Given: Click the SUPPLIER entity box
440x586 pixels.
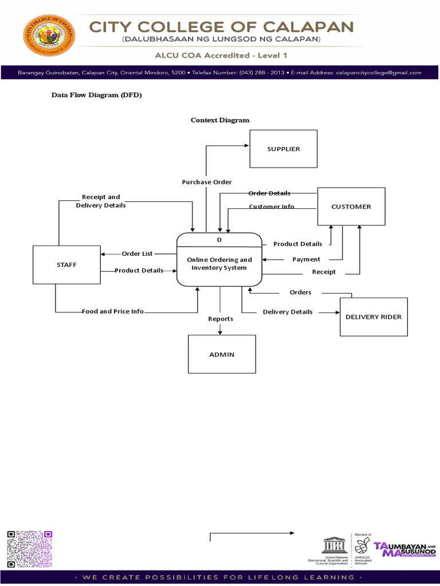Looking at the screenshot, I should pyautogui.click(x=283, y=149).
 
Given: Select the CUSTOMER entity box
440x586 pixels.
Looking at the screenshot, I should pyautogui.click(x=351, y=207).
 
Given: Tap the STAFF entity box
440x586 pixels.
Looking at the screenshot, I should pyautogui.click(x=66, y=264).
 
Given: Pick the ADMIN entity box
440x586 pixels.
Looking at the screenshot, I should pyautogui.click(x=222, y=354).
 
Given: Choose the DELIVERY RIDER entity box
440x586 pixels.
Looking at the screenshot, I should pyautogui.click(x=374, y=316).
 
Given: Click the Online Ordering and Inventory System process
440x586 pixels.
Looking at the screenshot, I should pyautogui.click(x=219, y=264).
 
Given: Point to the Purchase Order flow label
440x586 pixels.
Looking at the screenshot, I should pyautogui.click(x=207, y=182).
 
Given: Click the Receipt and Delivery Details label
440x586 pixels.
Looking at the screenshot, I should pyautogui.click(x=101, y=201).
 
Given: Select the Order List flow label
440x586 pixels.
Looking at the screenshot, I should pyautogui.click(x=137, y=254).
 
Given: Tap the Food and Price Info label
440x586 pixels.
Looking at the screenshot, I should pyautogui.click(x=113, y=311).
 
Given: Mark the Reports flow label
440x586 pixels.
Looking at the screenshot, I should pyautogui.click(x=221, y=319).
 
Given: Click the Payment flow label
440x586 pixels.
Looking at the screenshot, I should pyautogui.click(x=307, y=259).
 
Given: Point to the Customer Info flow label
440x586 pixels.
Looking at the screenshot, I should pyautogui.click(x=272, y=207).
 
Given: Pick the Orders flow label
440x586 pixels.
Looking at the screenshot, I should pyautogui.click(x=300, y=292).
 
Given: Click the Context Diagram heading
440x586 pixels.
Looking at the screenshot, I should pyautogui.click(x=220, y=120).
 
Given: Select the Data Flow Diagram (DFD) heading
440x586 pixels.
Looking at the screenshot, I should pyautogui.click(x=97, y=95).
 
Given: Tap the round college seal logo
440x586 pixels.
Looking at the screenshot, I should pyautogui.click(x=49, y=40).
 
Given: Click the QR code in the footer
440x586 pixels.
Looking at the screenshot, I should pyautogui.click(x=30, y=549).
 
